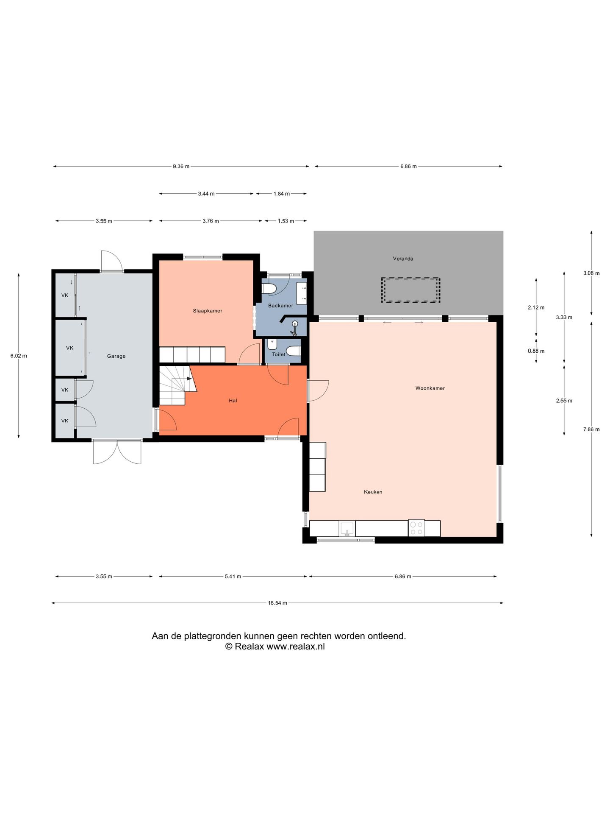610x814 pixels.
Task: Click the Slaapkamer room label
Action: [x=208, y=311]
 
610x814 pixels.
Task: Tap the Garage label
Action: [x=116, y=356]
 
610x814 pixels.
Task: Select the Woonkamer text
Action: [x=430, y=388]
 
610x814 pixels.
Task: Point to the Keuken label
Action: [x=373, y=492]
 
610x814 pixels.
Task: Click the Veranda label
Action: [x=403, y=259]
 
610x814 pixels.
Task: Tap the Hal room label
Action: [x=233, y=400]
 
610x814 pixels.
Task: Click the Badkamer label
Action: [x=280, y=306]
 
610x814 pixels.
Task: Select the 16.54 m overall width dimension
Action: [x=277, y=603]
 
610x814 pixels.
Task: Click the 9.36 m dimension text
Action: [x=181, y=167]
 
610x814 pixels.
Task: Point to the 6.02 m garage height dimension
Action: [x=19, y=356]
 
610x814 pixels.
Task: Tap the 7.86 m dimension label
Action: [x=591, y=429]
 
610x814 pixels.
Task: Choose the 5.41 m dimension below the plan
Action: [x=233, y=577]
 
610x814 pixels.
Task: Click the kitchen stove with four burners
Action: [x=416, y=528]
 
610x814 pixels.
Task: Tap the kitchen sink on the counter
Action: [x=347, y=529]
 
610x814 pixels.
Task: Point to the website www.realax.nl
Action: [x=295, y=647]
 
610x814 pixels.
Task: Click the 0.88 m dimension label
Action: [x=536, y=351]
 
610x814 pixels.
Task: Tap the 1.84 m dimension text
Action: [x=282, y=194]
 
